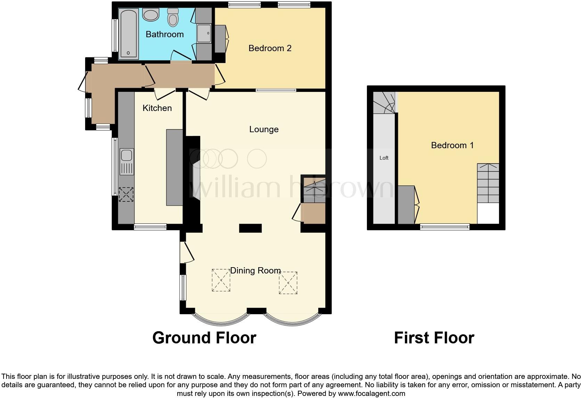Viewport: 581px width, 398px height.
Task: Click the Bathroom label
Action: tap(164, 34)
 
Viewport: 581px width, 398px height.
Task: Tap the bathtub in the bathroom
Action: tap(128, 33)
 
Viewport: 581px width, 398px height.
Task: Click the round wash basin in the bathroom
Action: tap(150, 15)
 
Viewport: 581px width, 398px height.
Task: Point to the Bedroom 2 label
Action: tap(270, 48)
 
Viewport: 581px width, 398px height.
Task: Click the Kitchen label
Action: tap(157, 108)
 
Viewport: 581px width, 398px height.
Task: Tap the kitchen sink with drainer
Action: tap(126, 161)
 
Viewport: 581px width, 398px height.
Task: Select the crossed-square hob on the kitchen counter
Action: tap(126, 194)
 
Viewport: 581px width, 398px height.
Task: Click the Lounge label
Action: tap(264, 129)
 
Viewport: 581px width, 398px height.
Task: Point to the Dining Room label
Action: tap(255, 270)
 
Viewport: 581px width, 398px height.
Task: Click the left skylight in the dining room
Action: tap(221, 280)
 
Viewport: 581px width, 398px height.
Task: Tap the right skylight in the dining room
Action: tap(288, 282)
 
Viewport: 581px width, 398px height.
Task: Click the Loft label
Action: tap(384, 158)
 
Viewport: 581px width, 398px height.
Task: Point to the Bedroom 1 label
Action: tap(452, 145)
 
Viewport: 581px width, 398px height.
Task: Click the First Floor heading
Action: tap(434, 337)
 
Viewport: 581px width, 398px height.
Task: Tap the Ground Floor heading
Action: tap(204, 337)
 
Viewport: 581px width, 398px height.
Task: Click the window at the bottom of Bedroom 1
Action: tap(445, 227)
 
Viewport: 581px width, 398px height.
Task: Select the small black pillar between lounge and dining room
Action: tap(250, 228)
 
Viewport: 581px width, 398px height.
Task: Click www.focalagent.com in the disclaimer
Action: tap(371, 394)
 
